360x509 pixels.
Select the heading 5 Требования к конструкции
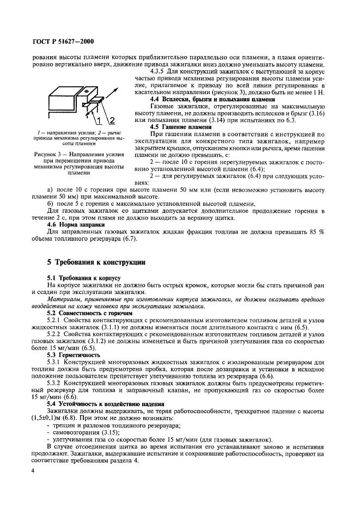[x=95, y=262]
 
